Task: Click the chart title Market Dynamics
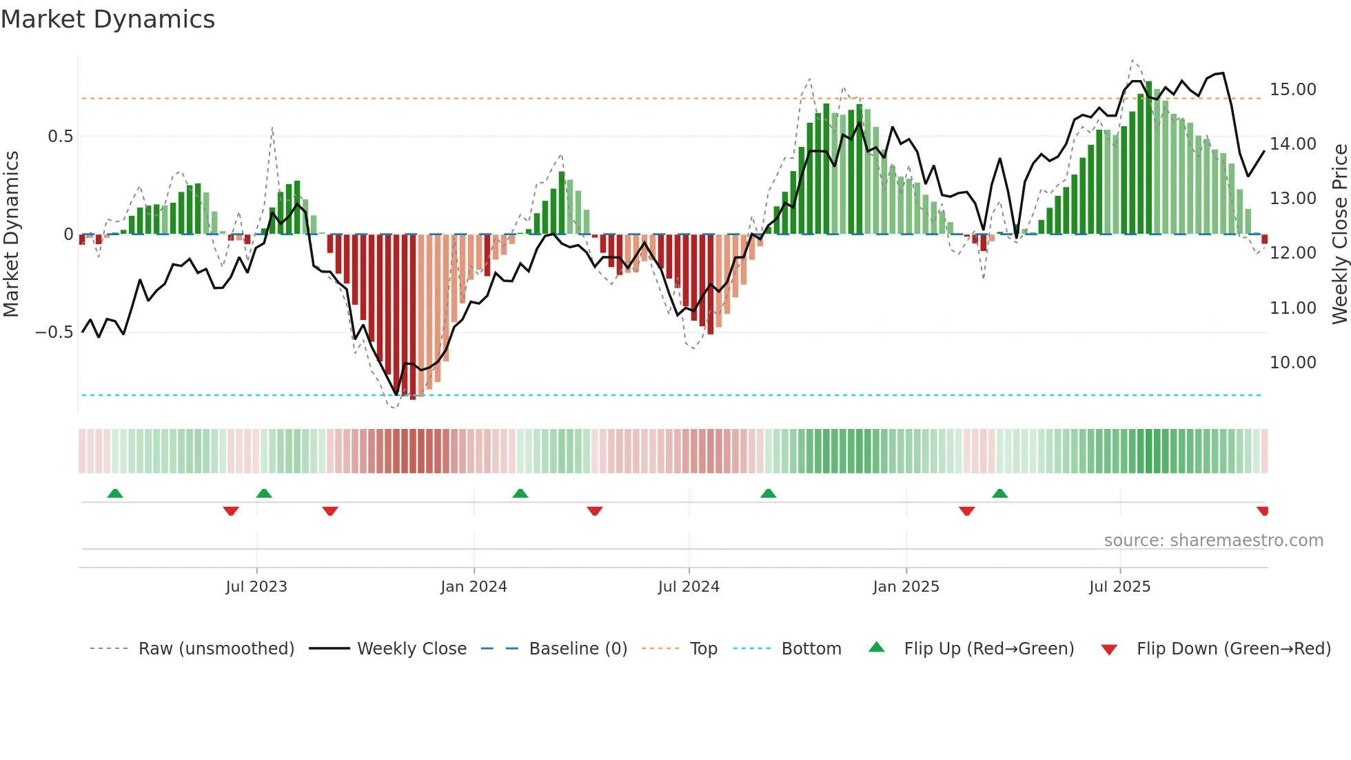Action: coord(108,19)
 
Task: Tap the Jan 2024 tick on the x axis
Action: coord(474,586)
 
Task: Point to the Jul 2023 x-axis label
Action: coord(256,586)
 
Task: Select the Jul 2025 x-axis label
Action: coord(1119,586)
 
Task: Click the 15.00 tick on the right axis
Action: coord(1292,90)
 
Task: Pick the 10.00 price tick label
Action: coord(1292,363)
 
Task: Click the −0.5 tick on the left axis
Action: coord(54,332)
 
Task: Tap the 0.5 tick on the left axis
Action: coord(60,137)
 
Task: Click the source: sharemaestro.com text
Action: coord(1213,541)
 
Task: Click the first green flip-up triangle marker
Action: coord(115,493)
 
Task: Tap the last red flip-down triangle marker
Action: coord(1262,511)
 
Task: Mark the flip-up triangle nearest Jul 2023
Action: coord(263,493)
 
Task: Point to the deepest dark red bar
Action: coord(412,317)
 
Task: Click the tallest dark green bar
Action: coord(1148,158)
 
